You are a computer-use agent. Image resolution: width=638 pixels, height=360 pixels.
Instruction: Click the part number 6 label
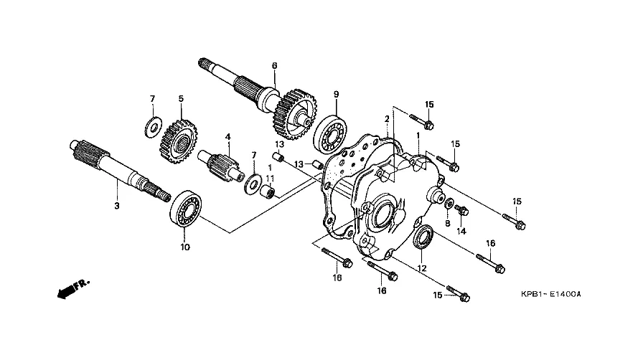(x=274, y=65)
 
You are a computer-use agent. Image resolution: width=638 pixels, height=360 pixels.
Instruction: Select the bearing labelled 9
(x=331, y=134)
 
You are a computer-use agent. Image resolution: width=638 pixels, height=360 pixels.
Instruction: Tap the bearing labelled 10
(x=186, y=211)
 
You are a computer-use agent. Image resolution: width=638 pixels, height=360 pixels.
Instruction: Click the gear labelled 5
(x=179, y=141)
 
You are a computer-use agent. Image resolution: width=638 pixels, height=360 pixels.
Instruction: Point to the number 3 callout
(x=117, y=206)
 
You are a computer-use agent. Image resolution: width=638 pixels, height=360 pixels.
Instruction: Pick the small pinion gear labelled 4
(x=220, y=163)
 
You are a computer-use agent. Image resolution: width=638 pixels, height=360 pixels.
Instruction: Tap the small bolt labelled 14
(x=462, y=210)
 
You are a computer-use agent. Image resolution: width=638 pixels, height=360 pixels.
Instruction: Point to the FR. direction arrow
(x=73, y=288)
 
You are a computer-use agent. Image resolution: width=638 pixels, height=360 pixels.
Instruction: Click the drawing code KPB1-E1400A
(x=551, y=294)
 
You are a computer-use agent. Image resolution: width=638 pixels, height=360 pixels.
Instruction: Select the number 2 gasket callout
(x=387, y=119)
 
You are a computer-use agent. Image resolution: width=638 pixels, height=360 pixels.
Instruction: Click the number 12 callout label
(x=422, y=268)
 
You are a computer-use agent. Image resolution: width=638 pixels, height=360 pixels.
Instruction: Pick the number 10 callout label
(x=185, y=247)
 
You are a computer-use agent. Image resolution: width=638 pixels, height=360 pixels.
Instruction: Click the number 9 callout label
(x=336, y=95)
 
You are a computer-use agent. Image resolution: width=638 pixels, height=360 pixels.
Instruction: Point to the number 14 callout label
(x=461, y=232)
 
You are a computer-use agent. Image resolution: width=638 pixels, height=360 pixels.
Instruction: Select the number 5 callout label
(x=181, y=98)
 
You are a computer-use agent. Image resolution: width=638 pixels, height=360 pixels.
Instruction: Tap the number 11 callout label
(x=270, y=178)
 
